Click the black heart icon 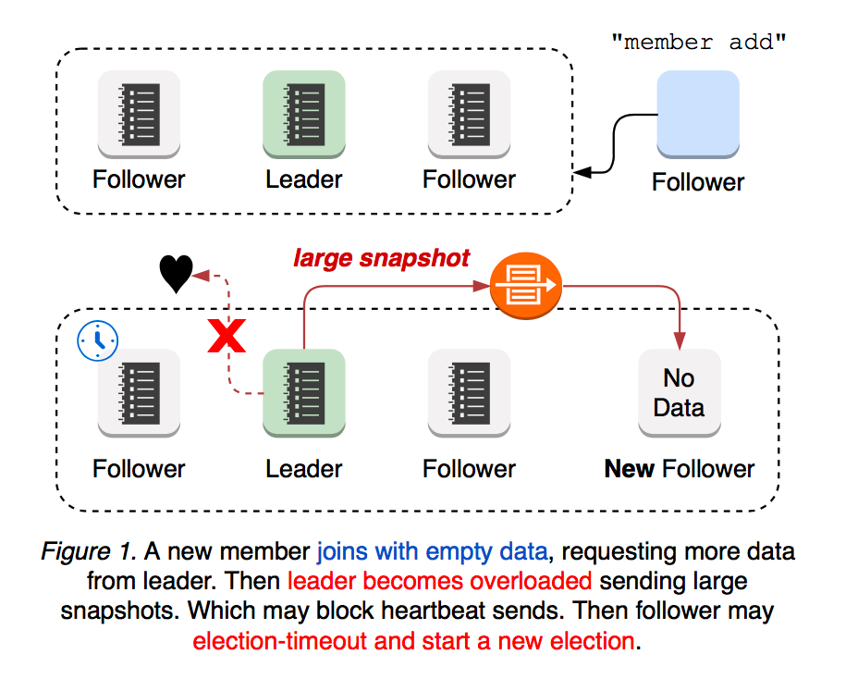pyautogui.click(x=176, y=274)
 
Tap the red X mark pyautogui.click(x=227, y=338)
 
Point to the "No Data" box pyautogui.click(x=679, y=392)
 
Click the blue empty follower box pyautogui.click(x=697, y=113)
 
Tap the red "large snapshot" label pyautogui.click(x=382, y=258)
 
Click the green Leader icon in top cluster pyautogui.click(x=304, y=112)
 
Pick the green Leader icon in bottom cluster pyautogui.click(x=304, y=391)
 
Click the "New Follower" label pyautogui.click(x=680, y=469)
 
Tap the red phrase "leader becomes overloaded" pyautogui.click(x=439, y=583)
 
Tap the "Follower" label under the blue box pyautogui.click(x=698, y=181)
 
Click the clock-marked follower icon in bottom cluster pyautogui.click(x=140, y=391)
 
